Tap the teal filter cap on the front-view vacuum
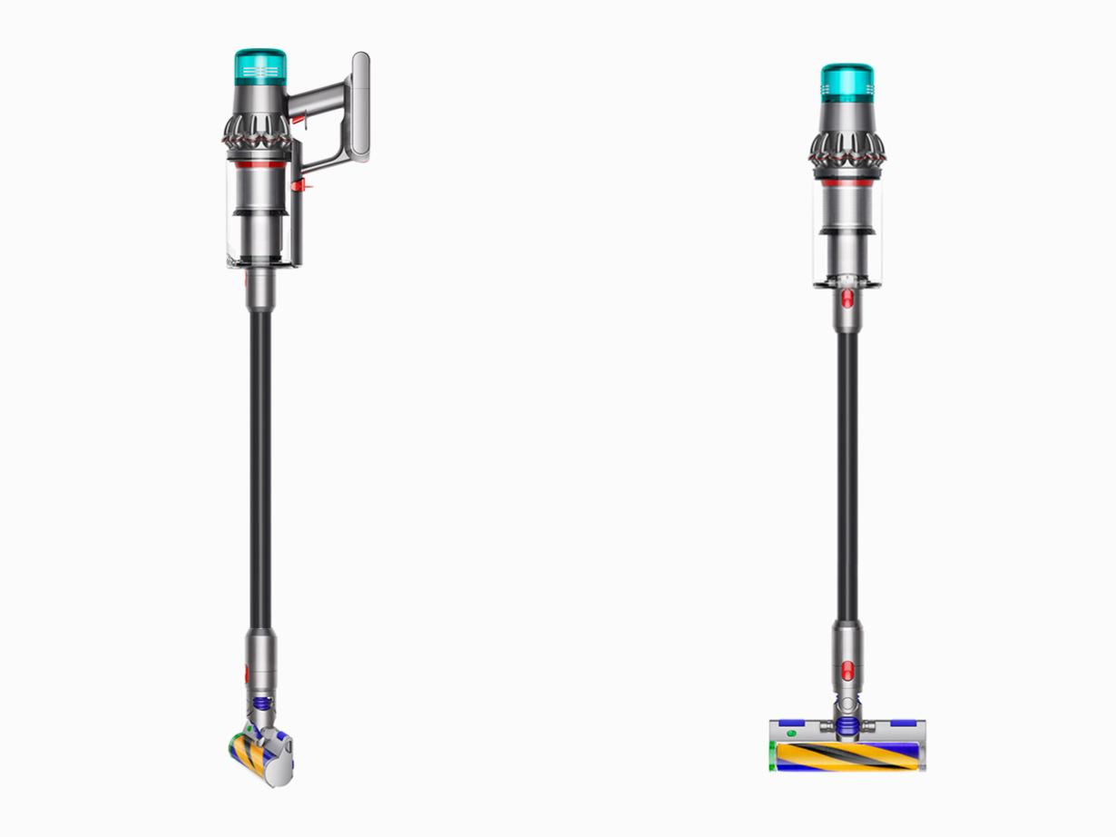tap(847, 83)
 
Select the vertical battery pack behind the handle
tap(360, 107)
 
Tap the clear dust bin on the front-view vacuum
tap(847, 231)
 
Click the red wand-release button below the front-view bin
tap(847, 300)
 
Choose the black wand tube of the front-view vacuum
tap(847, 472)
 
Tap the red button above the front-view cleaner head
tap(847, 671)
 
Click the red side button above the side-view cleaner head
tap(247, 673)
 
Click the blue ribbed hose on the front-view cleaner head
tap(847, 725)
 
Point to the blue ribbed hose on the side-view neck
tap(261, 704)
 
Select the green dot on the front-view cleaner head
tap(790, 732)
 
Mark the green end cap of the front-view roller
tap(772, 755)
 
